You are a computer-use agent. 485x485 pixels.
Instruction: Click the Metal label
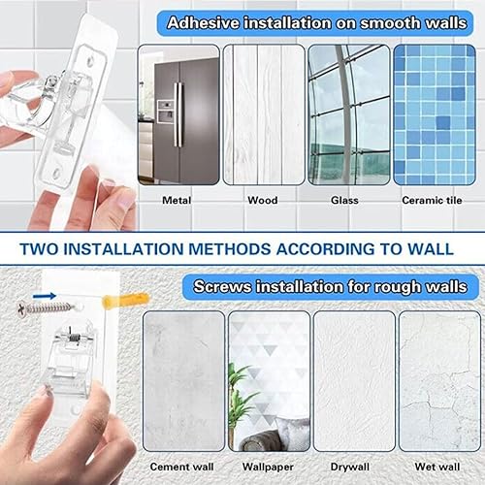click(177, 200)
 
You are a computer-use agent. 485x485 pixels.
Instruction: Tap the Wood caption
click(263, 200)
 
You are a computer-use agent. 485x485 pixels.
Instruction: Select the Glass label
click(344, 200)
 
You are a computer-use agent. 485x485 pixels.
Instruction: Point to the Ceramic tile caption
click(432, 200)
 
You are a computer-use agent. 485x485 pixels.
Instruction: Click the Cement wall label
click(181, 467)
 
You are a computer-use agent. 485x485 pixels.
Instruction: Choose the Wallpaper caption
click(268, 467)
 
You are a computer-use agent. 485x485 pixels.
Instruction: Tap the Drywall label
click(350, 467)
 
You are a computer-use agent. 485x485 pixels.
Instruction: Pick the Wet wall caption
click(437, 467)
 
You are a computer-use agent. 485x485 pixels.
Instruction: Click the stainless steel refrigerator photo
click(178, 114)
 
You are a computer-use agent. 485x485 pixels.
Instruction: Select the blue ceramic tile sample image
click(435, 114)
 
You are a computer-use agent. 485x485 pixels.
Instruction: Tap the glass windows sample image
click(349, 114)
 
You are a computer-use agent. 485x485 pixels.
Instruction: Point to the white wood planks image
click(264, 114)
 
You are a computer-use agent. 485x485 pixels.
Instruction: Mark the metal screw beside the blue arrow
click(46, 308)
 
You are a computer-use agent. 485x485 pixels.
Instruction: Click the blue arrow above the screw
click(45, 296)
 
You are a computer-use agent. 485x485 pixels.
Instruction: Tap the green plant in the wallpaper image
click(241, 401)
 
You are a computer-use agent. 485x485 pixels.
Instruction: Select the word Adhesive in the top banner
click(204, 23)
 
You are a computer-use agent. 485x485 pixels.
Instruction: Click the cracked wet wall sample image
click(439, 381)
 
